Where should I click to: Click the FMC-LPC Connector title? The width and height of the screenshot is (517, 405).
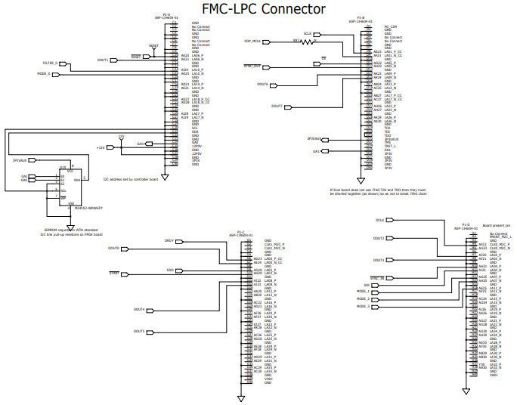[264, 9]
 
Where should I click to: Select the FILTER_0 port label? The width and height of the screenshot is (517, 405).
[51, 63]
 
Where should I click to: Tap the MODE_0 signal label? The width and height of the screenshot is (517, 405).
[43, 74]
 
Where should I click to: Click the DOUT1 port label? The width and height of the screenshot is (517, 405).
[104, 60]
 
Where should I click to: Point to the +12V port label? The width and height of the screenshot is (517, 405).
[100, 147]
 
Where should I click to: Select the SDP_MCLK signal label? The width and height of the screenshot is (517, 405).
[252, 41]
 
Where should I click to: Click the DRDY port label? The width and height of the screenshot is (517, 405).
[169, 241]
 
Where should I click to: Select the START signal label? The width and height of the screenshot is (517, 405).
[114, 272]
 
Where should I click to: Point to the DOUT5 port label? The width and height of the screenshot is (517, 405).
[139, 332]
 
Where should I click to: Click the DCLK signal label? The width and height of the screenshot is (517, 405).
[379, 220]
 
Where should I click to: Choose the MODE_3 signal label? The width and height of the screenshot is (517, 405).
[364, 307]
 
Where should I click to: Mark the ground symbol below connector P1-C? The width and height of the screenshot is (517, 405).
[240, 397]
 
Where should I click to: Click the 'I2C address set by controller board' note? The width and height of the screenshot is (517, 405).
[130, 180]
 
